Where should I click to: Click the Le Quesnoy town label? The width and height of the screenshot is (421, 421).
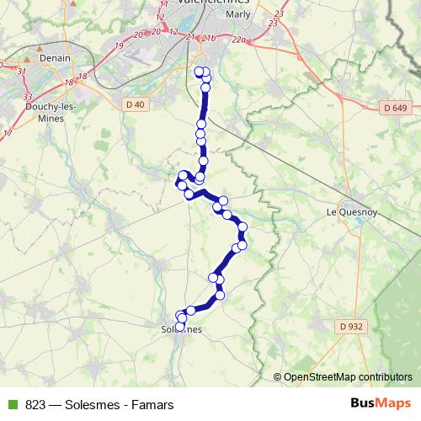click(x=349, y=214)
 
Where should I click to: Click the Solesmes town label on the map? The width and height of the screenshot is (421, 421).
click(x=181, y=331)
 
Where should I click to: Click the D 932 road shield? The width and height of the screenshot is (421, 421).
click(x=351, y=326)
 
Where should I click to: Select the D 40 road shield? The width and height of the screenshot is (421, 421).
click(x=134, y=104)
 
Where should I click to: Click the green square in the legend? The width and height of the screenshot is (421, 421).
click(x=11, y=405)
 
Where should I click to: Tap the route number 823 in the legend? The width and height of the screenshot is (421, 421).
click(x=36, y=405)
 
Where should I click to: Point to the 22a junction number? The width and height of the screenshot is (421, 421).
click(x=238, y=38)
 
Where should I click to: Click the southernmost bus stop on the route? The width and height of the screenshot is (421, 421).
click(x=179, y=327)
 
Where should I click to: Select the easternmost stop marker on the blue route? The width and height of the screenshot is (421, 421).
click(x=243, y=227)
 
